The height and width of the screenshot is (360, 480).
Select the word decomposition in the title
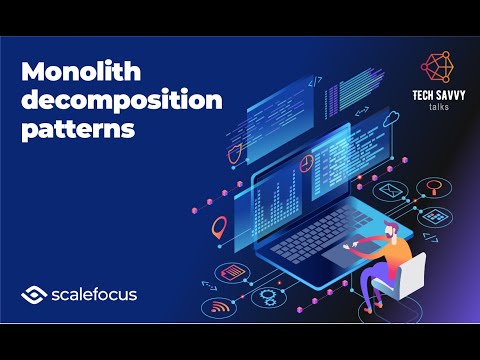tap(101, 101)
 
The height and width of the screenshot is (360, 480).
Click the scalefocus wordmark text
tap(96, 294)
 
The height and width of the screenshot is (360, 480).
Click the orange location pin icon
tap(219, 230)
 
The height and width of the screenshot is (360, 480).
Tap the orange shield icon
tap(233, 153)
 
